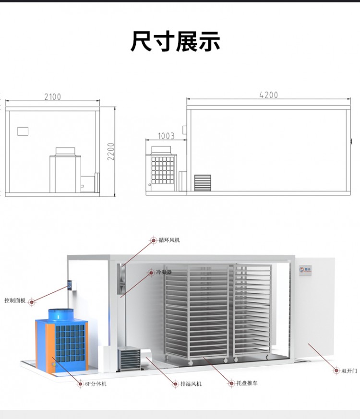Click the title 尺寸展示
[x=175, y=41]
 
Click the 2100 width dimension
[x=53, y=96]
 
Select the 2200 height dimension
[x=111, y=152]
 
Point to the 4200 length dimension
[x=269, y=95]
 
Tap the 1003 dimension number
[x=166, y=136]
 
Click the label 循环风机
[x=169, y=240]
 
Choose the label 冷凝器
[x=164, y=272]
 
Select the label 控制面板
[x=15, y=300]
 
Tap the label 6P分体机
[x=96, y=384]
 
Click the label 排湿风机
[x=191, y=384]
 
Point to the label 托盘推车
[x=247, y=383]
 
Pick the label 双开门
[x=349, y=371]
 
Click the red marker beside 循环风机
[x=153, y=240]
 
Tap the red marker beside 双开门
[x=336, y=371]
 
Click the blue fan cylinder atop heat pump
[x=60, y=314]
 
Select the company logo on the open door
[x=305, y=269]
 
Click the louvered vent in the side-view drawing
[x=203, y=183]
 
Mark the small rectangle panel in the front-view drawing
[x=23, y=131]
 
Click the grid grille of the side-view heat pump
[x=163, y=170]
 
